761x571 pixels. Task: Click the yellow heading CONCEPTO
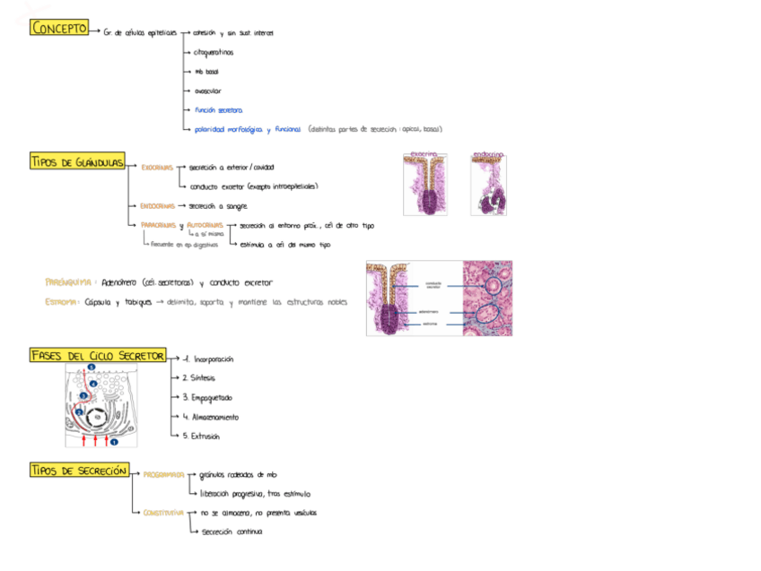(x=59, y=29)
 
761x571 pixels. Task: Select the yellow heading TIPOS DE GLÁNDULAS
(x=76, y=161)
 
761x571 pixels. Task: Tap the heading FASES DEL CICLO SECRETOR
(x=97, y=356)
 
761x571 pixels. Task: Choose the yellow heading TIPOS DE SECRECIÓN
(x=79, y=471)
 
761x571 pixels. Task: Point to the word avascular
(x=208, y=91)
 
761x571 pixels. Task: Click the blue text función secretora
(x=218, y=110)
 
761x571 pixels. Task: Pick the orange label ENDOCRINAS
(x=157, y=206)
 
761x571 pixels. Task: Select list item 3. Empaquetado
(x=206, y=397)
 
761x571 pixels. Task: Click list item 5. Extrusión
(x=201, y=437)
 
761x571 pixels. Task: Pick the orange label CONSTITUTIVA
(x=163, y=514)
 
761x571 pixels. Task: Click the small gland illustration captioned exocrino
(x=424, y=185)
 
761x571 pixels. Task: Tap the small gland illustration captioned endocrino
(x=488, y=185)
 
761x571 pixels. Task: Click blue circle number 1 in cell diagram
(x=115, y=440)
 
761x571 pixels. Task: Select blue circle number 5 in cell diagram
(x=91, y=368)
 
